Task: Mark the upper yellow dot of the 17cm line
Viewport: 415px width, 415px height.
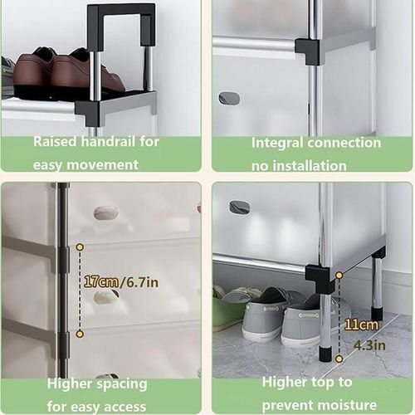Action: point(80,247)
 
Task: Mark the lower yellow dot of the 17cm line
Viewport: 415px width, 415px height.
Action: point(80,334)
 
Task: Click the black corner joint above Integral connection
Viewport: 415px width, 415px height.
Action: point(309,50)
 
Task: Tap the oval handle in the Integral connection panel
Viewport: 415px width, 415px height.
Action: point(229,98)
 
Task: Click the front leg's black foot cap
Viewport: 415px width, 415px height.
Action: point(325,353)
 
